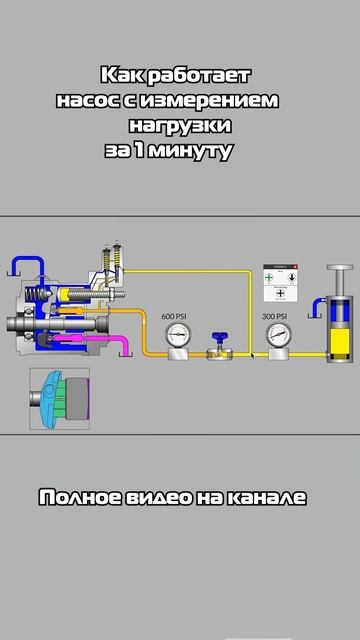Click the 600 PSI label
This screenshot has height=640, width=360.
[175, 316]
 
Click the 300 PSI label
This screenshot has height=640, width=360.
[276, 316]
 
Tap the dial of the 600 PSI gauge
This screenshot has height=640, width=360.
[176, 335]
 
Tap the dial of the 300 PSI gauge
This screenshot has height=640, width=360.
[277, 335]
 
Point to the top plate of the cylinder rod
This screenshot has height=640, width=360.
[340, 267]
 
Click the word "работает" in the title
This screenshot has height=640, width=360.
[203, 76]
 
